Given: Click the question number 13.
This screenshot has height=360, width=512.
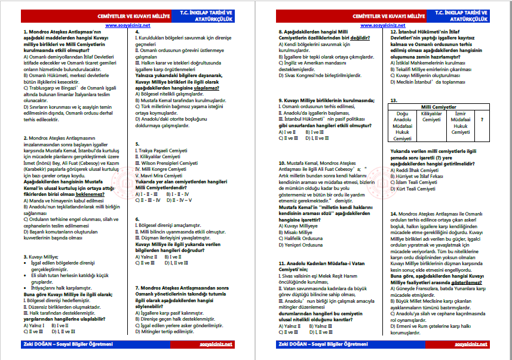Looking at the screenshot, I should pyautogui.click(x=393, y=100).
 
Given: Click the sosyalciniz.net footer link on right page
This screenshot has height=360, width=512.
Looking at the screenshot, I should pyautogui.click(x=471, y=344).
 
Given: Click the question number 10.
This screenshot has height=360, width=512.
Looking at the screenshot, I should pyautogui.click(x=282, y=162).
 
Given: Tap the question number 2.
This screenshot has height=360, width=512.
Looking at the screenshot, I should pyautogui.click(x=24, y=137).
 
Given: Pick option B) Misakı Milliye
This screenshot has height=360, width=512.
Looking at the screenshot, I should pyautogui.click(x=301, y=232).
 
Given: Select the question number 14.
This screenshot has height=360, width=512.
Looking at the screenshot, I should pyautogui.click(x=393, y=213).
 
